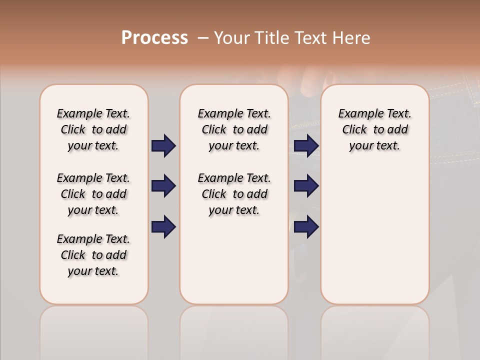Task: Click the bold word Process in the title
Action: point(154,37)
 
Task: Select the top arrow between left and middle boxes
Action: point(163,145)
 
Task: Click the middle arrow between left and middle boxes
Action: point(163,186)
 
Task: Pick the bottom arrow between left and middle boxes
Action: point(163,227)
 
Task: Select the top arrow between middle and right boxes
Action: point(306,145)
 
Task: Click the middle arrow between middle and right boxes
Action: point(306,186)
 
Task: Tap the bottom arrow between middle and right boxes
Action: point(306,227)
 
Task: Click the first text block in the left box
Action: point(93,129)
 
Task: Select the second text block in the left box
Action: point(93,194)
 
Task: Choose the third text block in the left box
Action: point(93,255)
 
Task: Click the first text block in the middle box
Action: point(234,129)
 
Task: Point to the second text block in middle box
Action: point(234,194)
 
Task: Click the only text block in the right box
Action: point(374,129)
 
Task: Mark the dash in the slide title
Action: point(203,38)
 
